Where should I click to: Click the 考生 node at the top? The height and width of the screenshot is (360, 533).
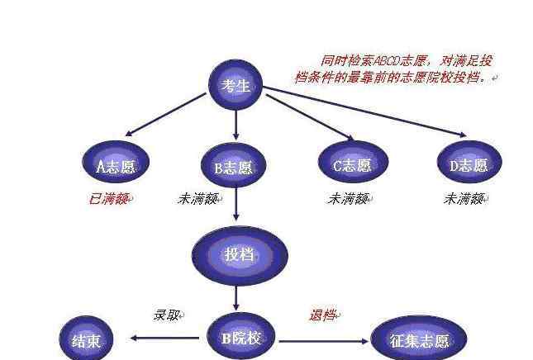click(x=236, y=85)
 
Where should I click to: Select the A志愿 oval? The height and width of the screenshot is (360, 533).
click(x=116, y=163)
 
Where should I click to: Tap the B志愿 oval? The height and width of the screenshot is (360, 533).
click(x=234, y=165)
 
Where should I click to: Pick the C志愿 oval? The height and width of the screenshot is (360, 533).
click(x=353, y=162)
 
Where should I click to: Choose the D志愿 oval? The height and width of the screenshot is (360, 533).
click(x=469, y=162)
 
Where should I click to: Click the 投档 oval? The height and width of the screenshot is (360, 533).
click(x=240, y=255)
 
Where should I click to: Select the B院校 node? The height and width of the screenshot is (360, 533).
click(x=241, y=336)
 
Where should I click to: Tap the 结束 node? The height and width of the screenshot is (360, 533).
click(x=86, y=339)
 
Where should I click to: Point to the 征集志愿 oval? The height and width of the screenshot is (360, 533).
click(x=419, y=339)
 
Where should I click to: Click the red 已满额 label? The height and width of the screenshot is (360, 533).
click(x=109, y=199)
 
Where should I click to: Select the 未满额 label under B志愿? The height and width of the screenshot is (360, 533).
click(x=199, y=199)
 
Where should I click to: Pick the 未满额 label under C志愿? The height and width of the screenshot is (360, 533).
click(x=349, y=199)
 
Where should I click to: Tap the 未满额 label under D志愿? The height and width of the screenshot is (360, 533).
click(x=464, y=199)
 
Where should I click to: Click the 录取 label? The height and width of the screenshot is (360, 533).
click(x=167, y=315)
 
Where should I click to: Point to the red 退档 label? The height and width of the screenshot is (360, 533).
click(x=323, y=315)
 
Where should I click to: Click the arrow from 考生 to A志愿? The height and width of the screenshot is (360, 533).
click(x=166, y=115)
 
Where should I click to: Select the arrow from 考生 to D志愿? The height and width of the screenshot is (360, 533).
click(x=365, y=111)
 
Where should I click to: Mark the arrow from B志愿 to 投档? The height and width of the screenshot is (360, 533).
click(x=236, y=203)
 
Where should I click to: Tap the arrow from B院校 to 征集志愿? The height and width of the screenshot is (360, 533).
click(x=324, y=341)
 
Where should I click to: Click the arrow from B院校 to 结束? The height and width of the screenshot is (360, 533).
click(x=165, y=339)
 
